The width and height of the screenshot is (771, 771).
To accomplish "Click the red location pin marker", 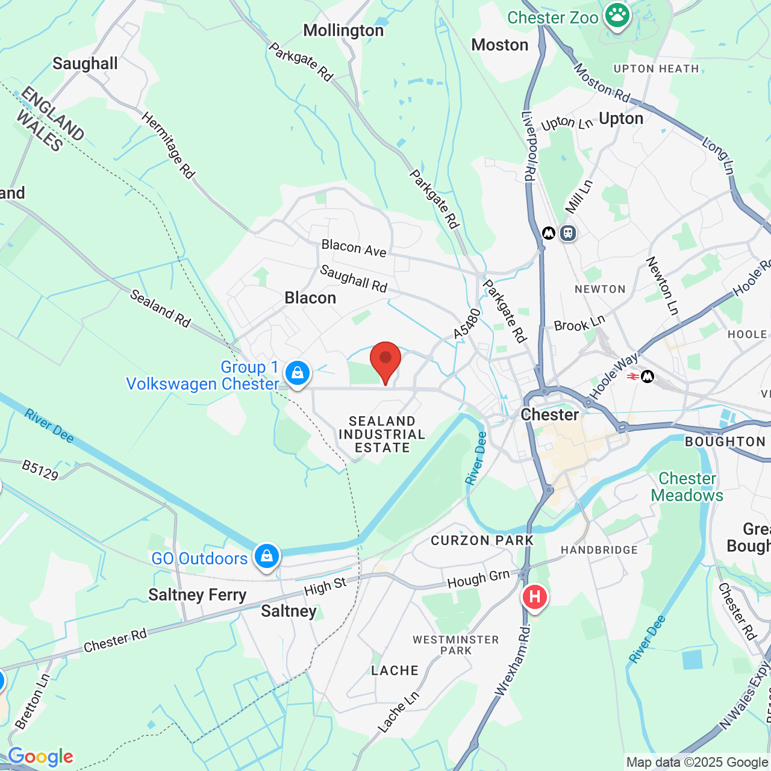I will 385,360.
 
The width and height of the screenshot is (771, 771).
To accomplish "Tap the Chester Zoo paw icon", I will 617,16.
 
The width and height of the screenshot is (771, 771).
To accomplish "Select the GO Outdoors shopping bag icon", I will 266,557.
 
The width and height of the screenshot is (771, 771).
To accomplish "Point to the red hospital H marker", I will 534,598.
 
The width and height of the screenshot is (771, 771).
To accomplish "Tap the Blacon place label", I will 310,298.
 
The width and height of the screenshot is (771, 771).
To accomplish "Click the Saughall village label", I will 85,63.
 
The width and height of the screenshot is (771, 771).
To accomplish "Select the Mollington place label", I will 343,30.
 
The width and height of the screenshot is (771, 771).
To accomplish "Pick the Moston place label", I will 499,45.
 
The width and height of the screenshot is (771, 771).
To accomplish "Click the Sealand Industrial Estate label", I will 382,434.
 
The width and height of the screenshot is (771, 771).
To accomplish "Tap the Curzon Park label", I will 482,540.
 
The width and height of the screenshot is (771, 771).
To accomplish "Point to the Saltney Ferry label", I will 198,595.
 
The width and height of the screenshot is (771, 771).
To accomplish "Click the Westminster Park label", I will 456,645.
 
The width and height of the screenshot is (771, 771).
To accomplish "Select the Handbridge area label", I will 599,550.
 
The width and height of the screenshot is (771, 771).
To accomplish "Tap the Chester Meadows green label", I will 687,487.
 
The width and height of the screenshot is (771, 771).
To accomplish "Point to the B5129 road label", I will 40,470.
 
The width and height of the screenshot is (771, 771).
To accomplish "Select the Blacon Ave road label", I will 354,248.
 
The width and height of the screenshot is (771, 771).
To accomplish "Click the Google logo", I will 40,757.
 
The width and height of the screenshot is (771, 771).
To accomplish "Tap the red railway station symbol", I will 632,376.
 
